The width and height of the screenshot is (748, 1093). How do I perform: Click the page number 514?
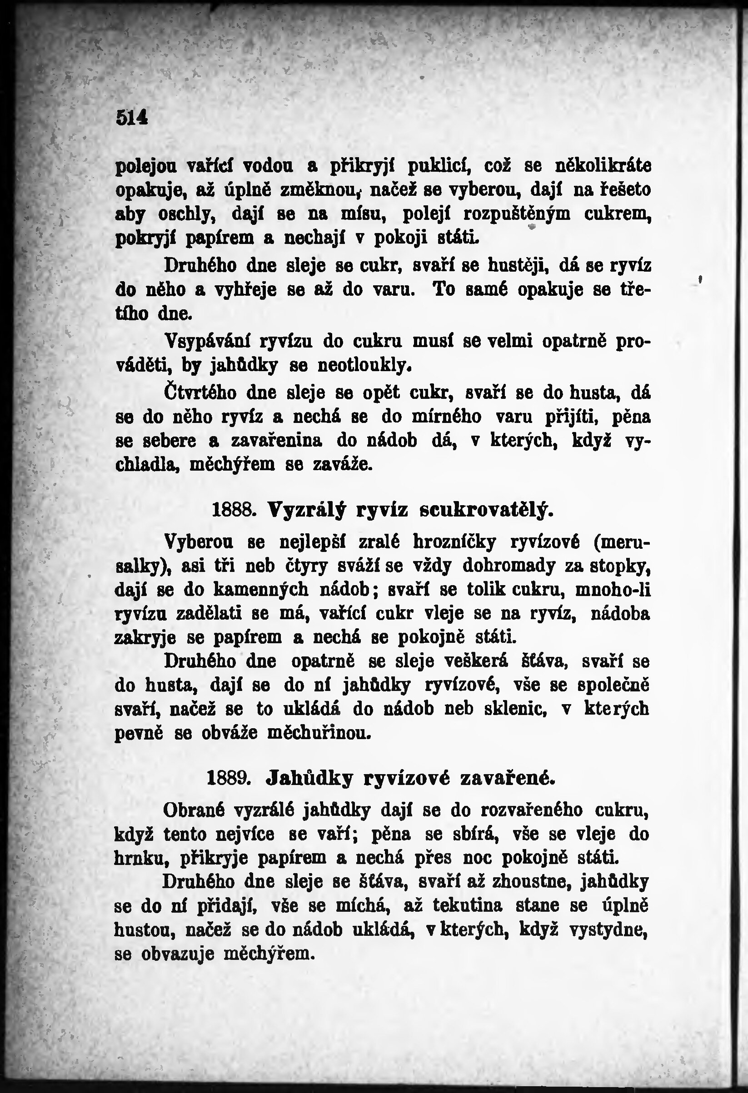132,117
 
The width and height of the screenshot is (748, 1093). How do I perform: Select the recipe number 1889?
228,778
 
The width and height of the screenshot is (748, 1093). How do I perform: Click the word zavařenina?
277,441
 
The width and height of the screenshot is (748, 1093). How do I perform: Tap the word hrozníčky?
454,542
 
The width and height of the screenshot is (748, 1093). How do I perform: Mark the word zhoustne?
531,882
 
